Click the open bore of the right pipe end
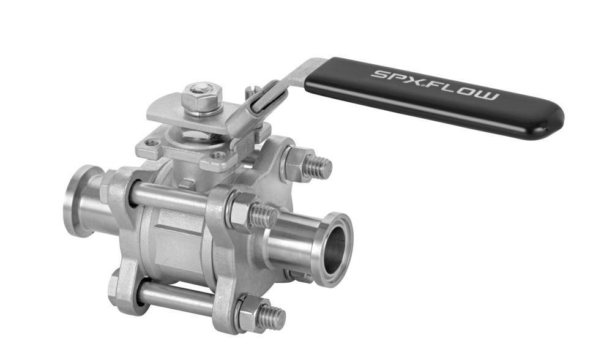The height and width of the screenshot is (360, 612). tap(333, 251)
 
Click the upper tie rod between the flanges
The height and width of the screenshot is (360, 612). tap(171, 198)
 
